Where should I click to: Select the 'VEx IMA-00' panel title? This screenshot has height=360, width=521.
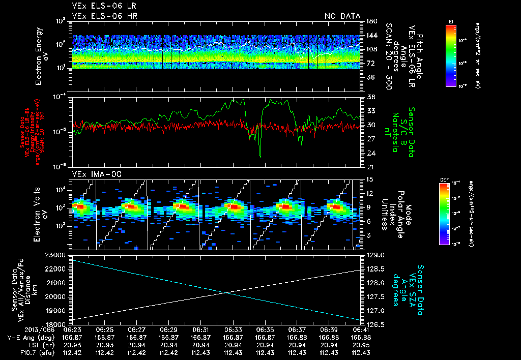93,174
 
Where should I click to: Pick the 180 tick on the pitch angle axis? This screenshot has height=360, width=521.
370,21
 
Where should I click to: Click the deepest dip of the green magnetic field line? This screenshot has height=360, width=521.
260,156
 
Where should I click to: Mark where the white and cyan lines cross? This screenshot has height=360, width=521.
227,292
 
